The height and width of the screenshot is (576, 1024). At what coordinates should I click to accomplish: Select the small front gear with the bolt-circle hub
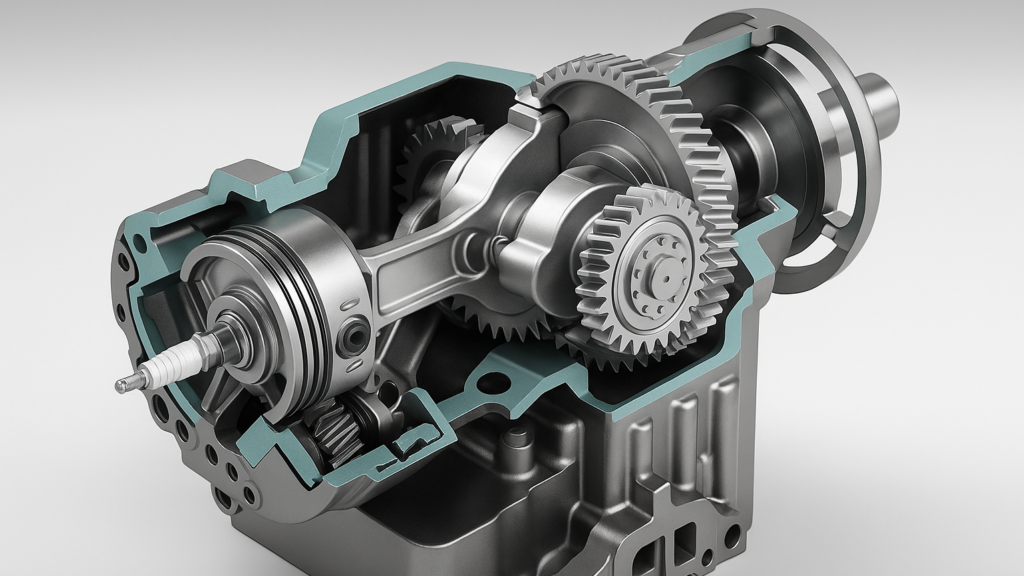tap(655, 268)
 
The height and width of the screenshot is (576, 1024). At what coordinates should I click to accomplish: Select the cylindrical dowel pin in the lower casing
tap(516, 438)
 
